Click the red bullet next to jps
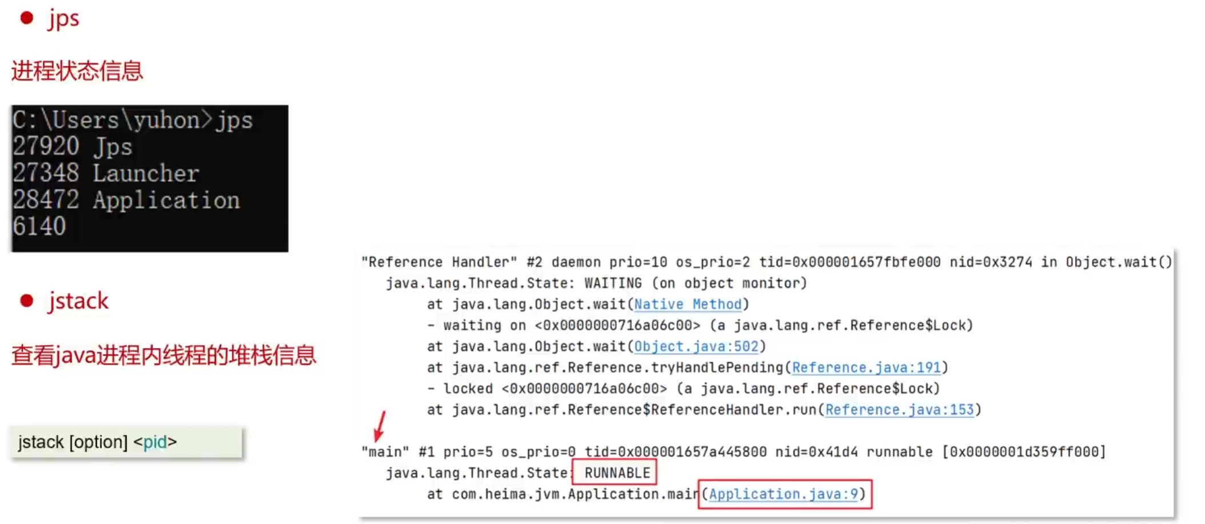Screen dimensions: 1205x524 tap(26, 18)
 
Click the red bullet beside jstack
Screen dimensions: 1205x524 tap(26, 301)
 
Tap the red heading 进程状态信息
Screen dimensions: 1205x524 tap(77, 71)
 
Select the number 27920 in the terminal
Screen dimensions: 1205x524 tap(46, 147)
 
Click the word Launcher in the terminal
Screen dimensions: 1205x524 tap(146, 173)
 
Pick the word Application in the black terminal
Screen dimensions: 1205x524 tap(166, 200)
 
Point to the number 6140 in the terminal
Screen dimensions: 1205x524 tap(39, 227)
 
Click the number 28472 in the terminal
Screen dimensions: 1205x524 tap(46, 200)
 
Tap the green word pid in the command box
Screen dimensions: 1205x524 tap(155, 442)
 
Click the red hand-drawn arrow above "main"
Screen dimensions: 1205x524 tap(380, 426)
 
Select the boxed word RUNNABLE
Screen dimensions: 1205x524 tap(617, 473)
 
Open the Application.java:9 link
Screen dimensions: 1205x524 tap(784, 494)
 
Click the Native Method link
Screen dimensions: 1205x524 tap(688, 304)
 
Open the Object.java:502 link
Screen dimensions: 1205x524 tap(696, 346)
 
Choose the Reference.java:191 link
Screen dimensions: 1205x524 tap(866, 367)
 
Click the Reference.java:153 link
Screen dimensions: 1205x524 tap(899, 410)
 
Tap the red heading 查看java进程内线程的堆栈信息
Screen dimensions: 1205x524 tap(163, 355)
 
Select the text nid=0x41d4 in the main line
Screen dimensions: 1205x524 tap(816, 451)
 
